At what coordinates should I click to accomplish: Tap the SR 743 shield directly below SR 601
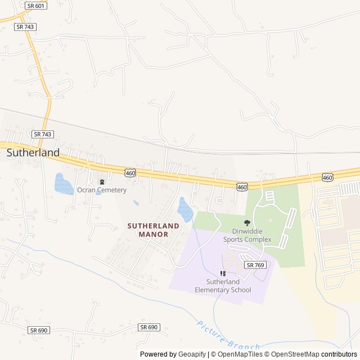click(26, 26)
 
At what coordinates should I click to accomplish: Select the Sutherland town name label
click(33, 152)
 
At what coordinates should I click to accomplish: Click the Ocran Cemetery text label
click(102, 190)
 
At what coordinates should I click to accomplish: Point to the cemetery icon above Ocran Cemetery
click(102, 182)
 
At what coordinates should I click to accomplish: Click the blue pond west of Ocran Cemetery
click(63, 184)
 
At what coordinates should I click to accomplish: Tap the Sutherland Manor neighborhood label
click(153, 229)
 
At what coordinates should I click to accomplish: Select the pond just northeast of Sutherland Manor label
click(184, 209)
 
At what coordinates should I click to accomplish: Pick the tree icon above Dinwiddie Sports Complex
click(246, 223)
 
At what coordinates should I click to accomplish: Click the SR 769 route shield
click(255, 264)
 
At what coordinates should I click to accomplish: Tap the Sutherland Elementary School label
click(223, 286)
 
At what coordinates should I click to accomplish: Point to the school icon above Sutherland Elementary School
click(223, 273)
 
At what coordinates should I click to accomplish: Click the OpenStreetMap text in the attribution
click(292, 354)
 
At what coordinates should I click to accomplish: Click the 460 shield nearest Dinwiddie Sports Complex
click(242, 186)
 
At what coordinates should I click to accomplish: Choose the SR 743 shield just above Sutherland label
click(43, 134)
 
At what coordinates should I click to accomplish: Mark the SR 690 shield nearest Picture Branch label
click(149, 327)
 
